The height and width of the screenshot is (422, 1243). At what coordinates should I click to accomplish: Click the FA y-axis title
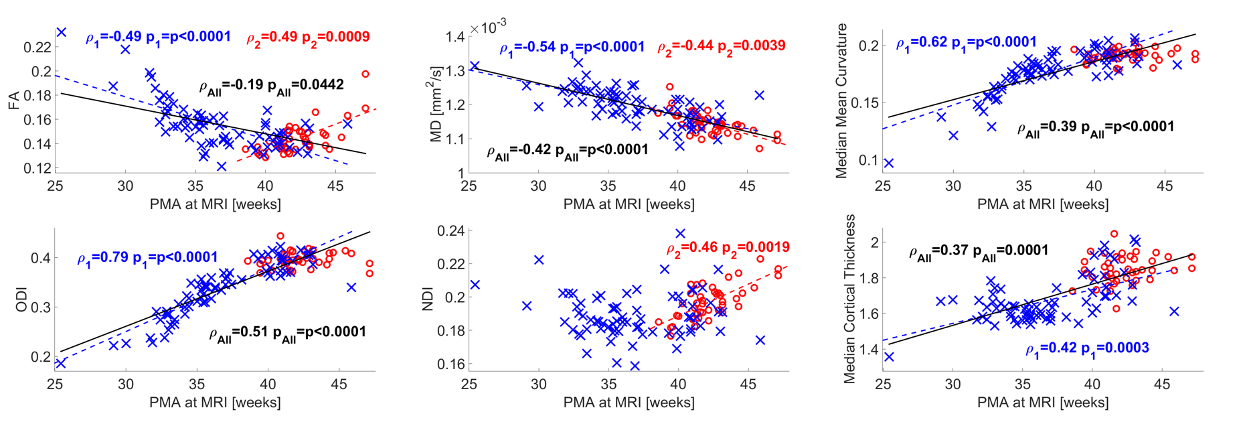13,100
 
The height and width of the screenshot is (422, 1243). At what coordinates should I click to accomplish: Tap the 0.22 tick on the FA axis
37,48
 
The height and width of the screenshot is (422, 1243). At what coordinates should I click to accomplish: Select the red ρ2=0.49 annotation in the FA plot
308,38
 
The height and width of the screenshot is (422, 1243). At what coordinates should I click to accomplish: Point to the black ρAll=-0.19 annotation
271,86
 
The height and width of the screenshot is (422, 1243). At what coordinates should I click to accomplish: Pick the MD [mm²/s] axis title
436,104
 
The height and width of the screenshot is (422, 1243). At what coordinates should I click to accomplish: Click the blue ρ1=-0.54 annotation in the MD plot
572,48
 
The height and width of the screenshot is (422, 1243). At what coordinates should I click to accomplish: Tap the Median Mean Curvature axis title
841,100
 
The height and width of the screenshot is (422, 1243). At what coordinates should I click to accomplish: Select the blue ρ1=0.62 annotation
966,43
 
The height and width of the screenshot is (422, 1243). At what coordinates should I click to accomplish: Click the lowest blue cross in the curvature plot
888,163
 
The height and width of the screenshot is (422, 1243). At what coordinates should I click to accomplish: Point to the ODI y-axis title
20,299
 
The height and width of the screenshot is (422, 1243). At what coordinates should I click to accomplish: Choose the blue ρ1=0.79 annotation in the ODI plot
147,258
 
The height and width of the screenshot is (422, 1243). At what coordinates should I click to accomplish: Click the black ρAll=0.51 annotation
287,333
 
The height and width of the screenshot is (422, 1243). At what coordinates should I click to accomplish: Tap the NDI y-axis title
428,299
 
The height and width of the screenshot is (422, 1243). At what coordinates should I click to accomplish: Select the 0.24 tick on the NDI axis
450,231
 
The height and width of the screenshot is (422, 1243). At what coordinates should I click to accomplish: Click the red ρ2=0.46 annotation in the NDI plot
728,248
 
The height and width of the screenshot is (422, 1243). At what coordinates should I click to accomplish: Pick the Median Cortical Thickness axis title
849,299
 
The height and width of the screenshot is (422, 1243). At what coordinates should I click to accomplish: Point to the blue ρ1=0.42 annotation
1087,348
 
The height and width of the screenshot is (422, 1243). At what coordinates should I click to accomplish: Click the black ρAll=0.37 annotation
978,252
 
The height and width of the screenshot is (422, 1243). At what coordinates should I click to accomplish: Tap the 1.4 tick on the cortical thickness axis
869,349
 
